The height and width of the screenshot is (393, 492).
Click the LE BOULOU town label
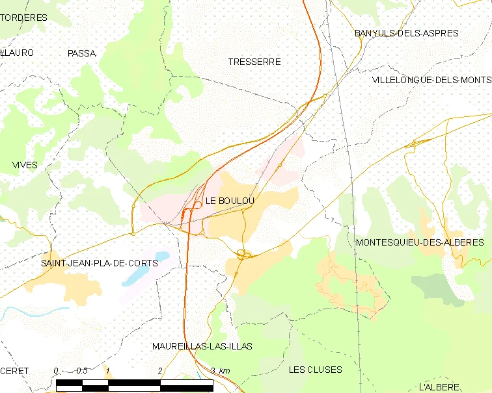pyautogui.click(x=230, y=201)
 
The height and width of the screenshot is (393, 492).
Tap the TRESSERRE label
pyautogui.click(x=254, y=62)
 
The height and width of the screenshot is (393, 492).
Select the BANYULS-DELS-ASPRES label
pyautogui.click(x=406, y=33)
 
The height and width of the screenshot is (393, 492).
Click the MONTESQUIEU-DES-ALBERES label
pyautogui.click(x=420, y=242)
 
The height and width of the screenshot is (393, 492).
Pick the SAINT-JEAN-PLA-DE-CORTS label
pyautogui.click(x=100, y=263)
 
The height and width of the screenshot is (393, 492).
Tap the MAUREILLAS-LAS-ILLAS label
pyautogui.click(x=202, y=346)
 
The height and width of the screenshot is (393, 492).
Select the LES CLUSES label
pyautogui.click(x=315, y=370)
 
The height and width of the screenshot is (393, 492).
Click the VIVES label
pyautogui.click(x=25, y=165)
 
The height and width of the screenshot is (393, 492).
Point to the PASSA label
pyautogui.click(x=81, y=53)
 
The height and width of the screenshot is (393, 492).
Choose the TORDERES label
pyautogui.click(x=25, y=18)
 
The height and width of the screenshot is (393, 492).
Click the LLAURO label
pyautogui.click(x=18, y=52)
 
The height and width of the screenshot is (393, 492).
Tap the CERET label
pyautogui.click(x=14, y=370)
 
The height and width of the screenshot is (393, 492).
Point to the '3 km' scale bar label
pyautogui.click(x=221, y=370)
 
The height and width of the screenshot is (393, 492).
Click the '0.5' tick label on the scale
pyautogui.click(x=82, y=370)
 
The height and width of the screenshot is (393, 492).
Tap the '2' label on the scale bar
pyautogui.click(x=160, y=370)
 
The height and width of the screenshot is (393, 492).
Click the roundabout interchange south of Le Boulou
pyautogui.click(x=244, y=255)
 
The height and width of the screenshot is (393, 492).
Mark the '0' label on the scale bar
pyautogui.click(x=56, y=370)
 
